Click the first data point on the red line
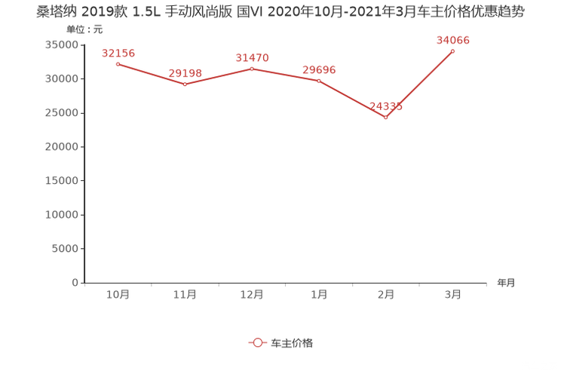click(x=118, y=64)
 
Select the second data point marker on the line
click(x=185, y=84)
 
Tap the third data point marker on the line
click(x=252, y=69)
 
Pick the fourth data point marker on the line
click(x=319, y=81)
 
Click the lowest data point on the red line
click(x=386, y=118)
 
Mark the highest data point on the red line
click(x=453, y=51)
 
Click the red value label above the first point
click(x=118, y=53)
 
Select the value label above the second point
click(x=185, y=72)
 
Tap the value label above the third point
click(x=252, y=57)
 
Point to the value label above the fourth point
click(x=319, y=69)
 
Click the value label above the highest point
click(x=453, y=40)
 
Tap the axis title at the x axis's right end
click(x=506, y=284)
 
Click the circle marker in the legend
click(x=257, y=342)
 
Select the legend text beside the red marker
click(x=291, y=342)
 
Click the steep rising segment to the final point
click(x=420, y=84)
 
